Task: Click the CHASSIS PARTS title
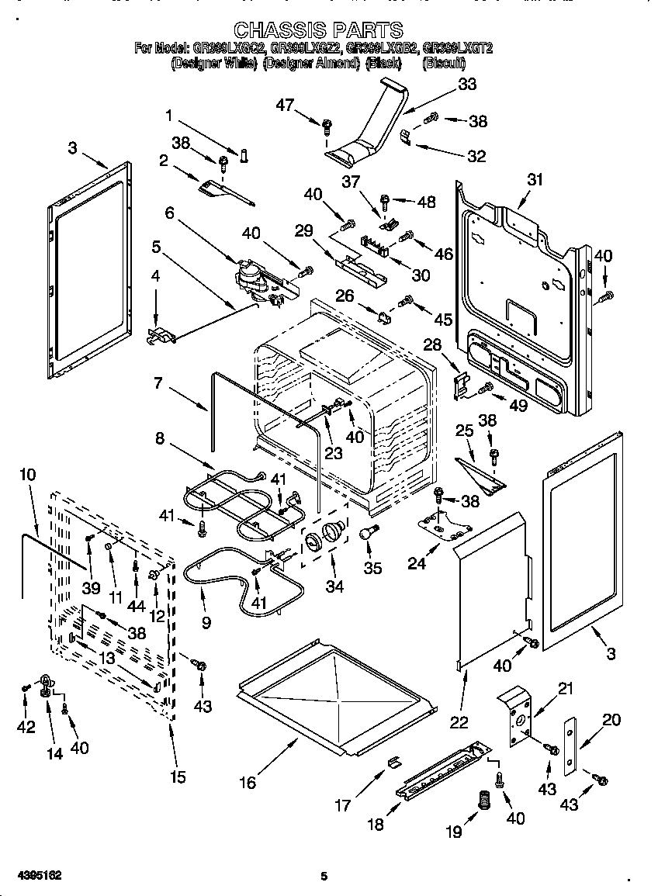[x=318, y=30]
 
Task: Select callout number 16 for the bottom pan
[x=248, y=783]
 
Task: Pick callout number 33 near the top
[x=466, y=85]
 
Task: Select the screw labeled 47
[x=327, y=123]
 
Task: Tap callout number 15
[x=178, y=777]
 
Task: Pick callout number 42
[x=26, y=727]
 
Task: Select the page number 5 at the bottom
[x=324, y=877]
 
